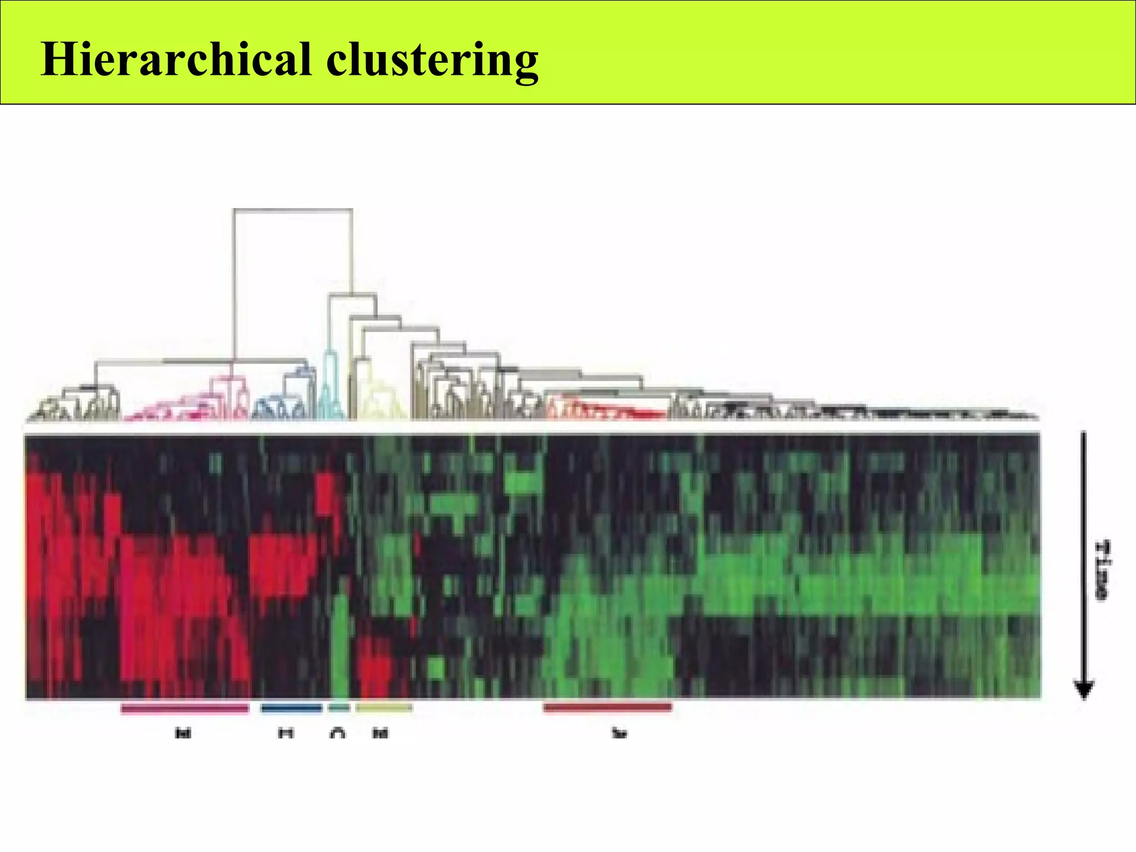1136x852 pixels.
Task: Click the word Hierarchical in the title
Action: tap(176, 59)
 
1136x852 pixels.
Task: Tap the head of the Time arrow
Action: tap(1084, 689)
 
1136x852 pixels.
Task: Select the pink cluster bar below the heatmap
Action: tap(185, 708)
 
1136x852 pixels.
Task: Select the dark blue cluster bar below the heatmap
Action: tap(291, 708)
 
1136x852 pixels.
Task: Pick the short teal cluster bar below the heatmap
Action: tap(339, 708)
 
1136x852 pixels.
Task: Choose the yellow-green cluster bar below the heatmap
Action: tap(384, 708)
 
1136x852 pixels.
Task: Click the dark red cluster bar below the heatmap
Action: tap(607, 707)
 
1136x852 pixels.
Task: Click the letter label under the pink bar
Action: tap(183, 733)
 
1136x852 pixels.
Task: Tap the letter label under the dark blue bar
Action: tap(286, 733)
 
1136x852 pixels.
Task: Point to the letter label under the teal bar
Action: tap(337, 733)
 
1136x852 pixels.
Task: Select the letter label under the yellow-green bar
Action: tap(381, 733)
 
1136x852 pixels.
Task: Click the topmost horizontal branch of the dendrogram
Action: tap(293, 210)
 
